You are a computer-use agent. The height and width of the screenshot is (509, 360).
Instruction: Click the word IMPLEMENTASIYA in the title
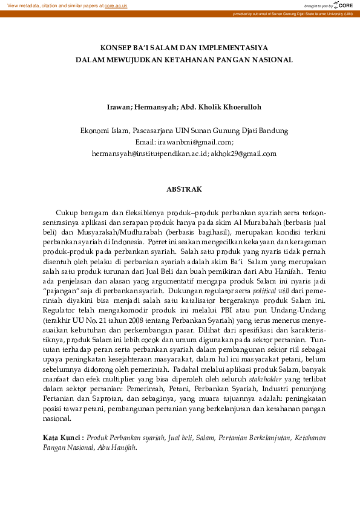[235, 47]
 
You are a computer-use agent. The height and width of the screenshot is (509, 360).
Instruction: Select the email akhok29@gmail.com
[244, 154]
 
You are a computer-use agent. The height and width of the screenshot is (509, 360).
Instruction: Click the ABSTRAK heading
[184, 189]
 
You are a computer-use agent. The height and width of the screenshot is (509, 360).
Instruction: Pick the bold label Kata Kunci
[62, 437]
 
